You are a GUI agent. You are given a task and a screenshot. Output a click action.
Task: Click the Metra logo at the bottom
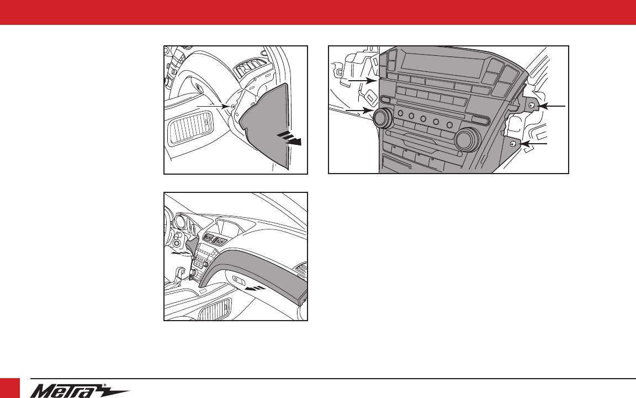pos(79,391)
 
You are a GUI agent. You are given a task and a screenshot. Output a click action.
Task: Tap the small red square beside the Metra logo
pos(10,388)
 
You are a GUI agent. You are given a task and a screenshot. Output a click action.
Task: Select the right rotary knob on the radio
pos(468,139)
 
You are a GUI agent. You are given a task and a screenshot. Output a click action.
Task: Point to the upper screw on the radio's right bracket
pos(531,106)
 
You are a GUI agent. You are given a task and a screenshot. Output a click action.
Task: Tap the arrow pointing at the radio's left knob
pos(359,111)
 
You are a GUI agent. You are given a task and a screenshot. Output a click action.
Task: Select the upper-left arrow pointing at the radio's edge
pos(363,81)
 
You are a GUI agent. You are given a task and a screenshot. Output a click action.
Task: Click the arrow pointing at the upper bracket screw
pos(551,106)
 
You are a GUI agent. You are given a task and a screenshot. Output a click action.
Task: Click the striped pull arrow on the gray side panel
pos(289,138)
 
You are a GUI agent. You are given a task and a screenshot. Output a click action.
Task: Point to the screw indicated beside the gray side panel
pos(232,106)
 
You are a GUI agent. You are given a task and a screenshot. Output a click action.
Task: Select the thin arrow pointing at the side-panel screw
pos(213,106)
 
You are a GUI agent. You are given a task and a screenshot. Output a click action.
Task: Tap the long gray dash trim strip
pos(252,272)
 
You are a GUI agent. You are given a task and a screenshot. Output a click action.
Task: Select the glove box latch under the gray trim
pos(239,280)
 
